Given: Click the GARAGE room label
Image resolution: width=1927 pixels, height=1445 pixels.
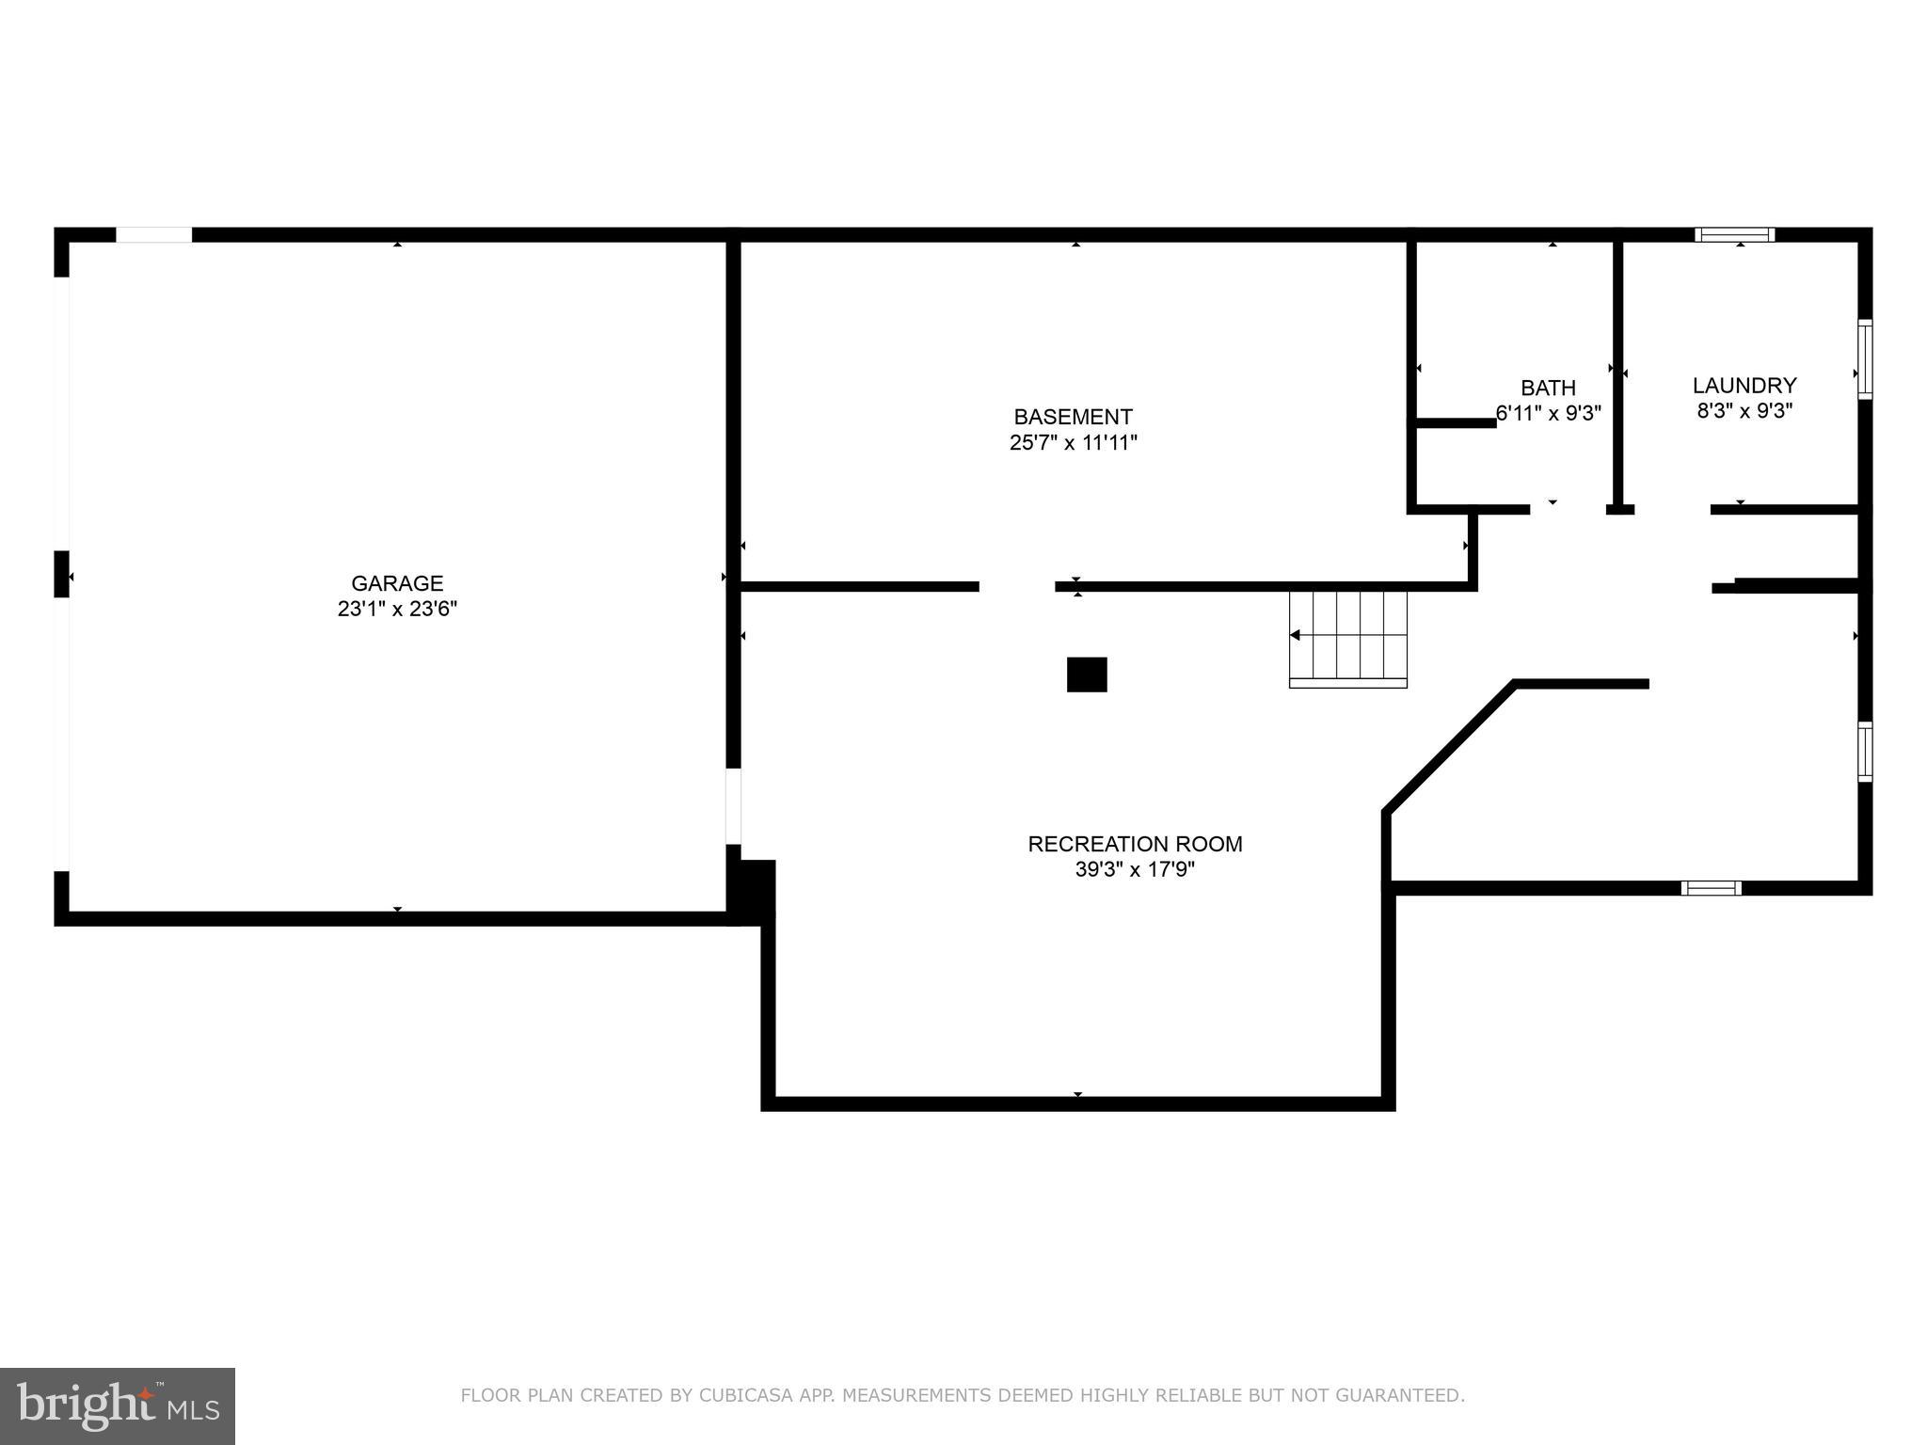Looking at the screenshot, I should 397,583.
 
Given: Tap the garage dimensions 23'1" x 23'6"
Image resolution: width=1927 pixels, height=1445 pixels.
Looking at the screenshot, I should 397,610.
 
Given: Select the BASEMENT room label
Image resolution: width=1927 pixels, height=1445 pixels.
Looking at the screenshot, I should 1073,417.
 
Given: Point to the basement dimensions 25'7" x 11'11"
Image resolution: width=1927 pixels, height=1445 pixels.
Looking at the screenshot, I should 1073,443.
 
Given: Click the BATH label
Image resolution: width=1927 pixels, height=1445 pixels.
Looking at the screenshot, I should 1548,388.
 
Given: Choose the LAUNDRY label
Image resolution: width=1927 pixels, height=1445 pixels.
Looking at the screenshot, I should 1744,385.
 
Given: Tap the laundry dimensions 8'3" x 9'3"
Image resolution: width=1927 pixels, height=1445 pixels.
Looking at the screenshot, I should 1744,411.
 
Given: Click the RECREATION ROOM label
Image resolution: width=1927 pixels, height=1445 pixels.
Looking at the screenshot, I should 1135,844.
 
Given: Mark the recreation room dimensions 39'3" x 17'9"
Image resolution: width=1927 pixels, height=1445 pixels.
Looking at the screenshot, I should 1135,870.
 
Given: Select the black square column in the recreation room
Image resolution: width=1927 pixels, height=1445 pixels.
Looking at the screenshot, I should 1086,675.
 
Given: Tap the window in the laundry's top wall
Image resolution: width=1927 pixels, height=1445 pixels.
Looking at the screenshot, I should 1734,234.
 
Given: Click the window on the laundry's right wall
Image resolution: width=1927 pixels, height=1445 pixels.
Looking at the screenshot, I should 1864,359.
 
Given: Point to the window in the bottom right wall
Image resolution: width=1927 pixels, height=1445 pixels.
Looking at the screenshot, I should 1711,887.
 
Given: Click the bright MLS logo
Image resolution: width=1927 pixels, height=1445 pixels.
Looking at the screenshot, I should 118,1405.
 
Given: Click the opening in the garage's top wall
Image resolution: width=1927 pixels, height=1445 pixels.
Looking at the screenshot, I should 153,234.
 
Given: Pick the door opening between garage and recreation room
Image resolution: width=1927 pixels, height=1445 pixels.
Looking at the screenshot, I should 733,806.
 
